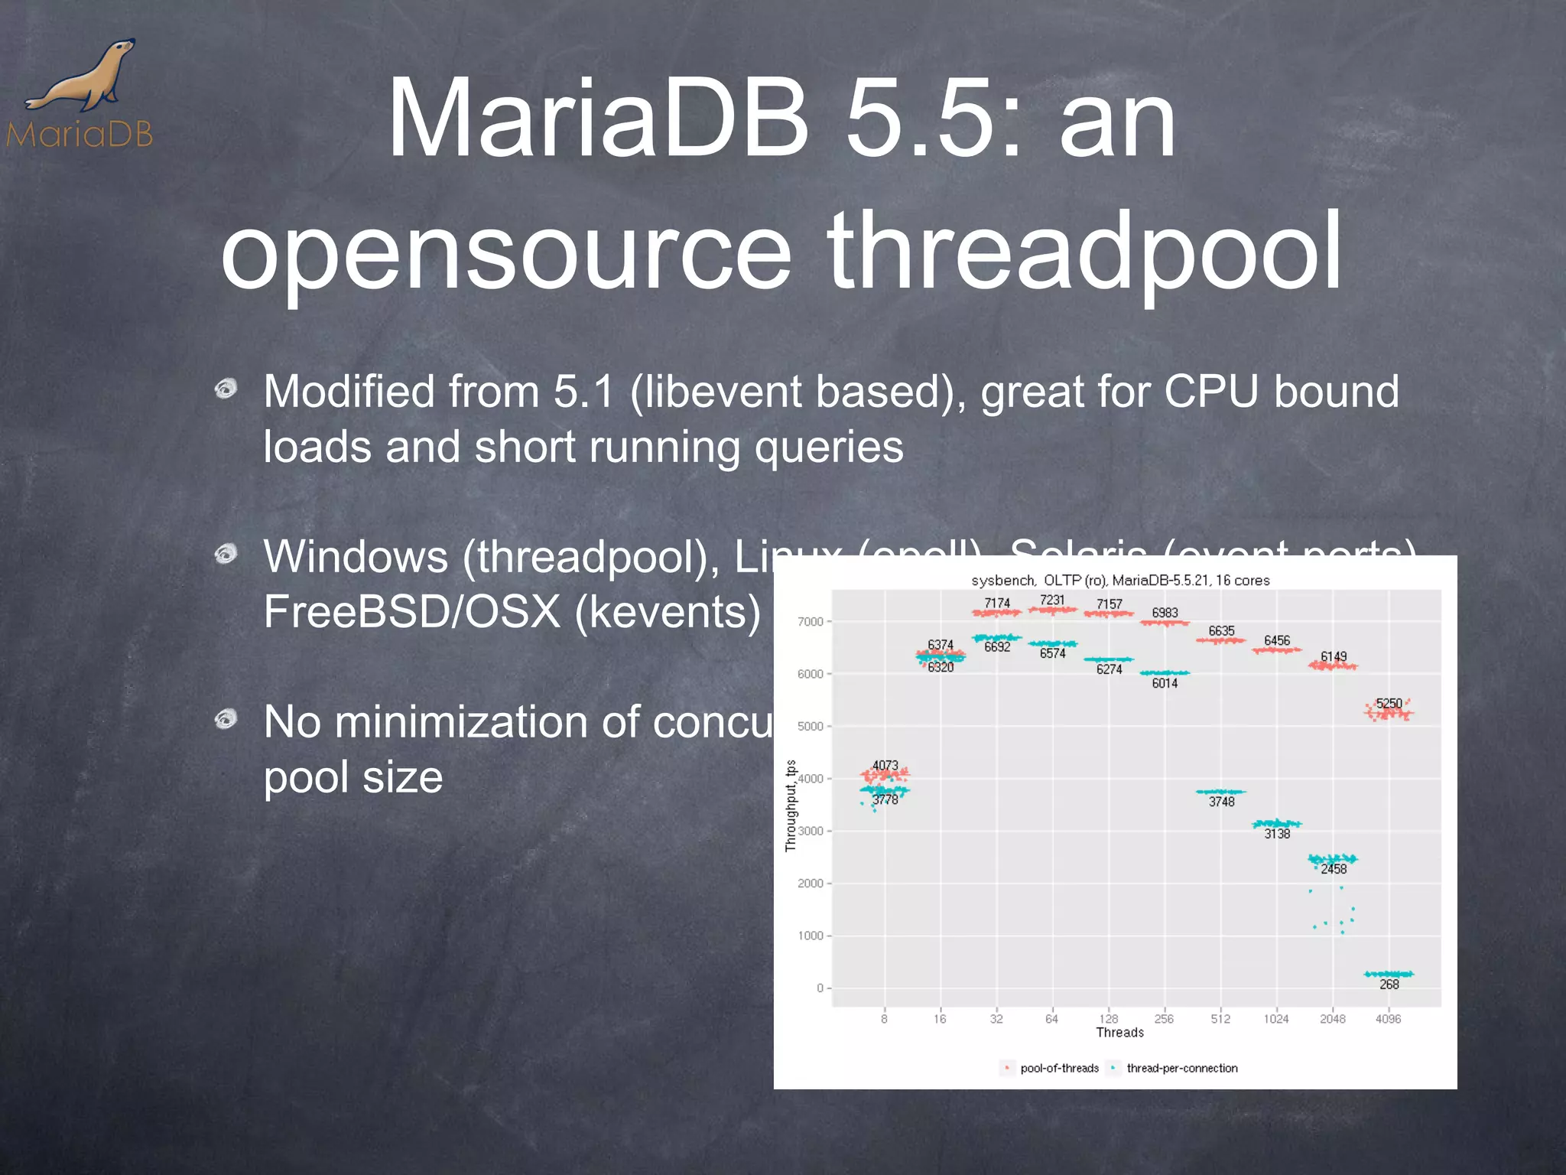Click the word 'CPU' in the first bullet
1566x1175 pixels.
click(x=1211, y=392)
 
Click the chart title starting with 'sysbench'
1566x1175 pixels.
click(x=1120, y=581)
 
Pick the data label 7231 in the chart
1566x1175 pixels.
click(x=1052, y=601)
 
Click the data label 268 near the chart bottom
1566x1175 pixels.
click(x=1389, y=985)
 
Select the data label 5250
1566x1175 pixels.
click(x=1389, y=703)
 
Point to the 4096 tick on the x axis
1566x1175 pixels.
click(x=1389, y=1019)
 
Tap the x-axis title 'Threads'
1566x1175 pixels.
click(x=1119, y=1033)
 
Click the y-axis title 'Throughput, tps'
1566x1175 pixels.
click(x=791, y=806)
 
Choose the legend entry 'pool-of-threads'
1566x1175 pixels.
click(x=1059, y=1069)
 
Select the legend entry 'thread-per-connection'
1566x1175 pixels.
click(x=1181, y=1069)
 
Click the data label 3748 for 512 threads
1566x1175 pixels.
click(x=1222, y=802)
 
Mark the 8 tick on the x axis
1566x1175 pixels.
click(x=884, y=1019)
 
